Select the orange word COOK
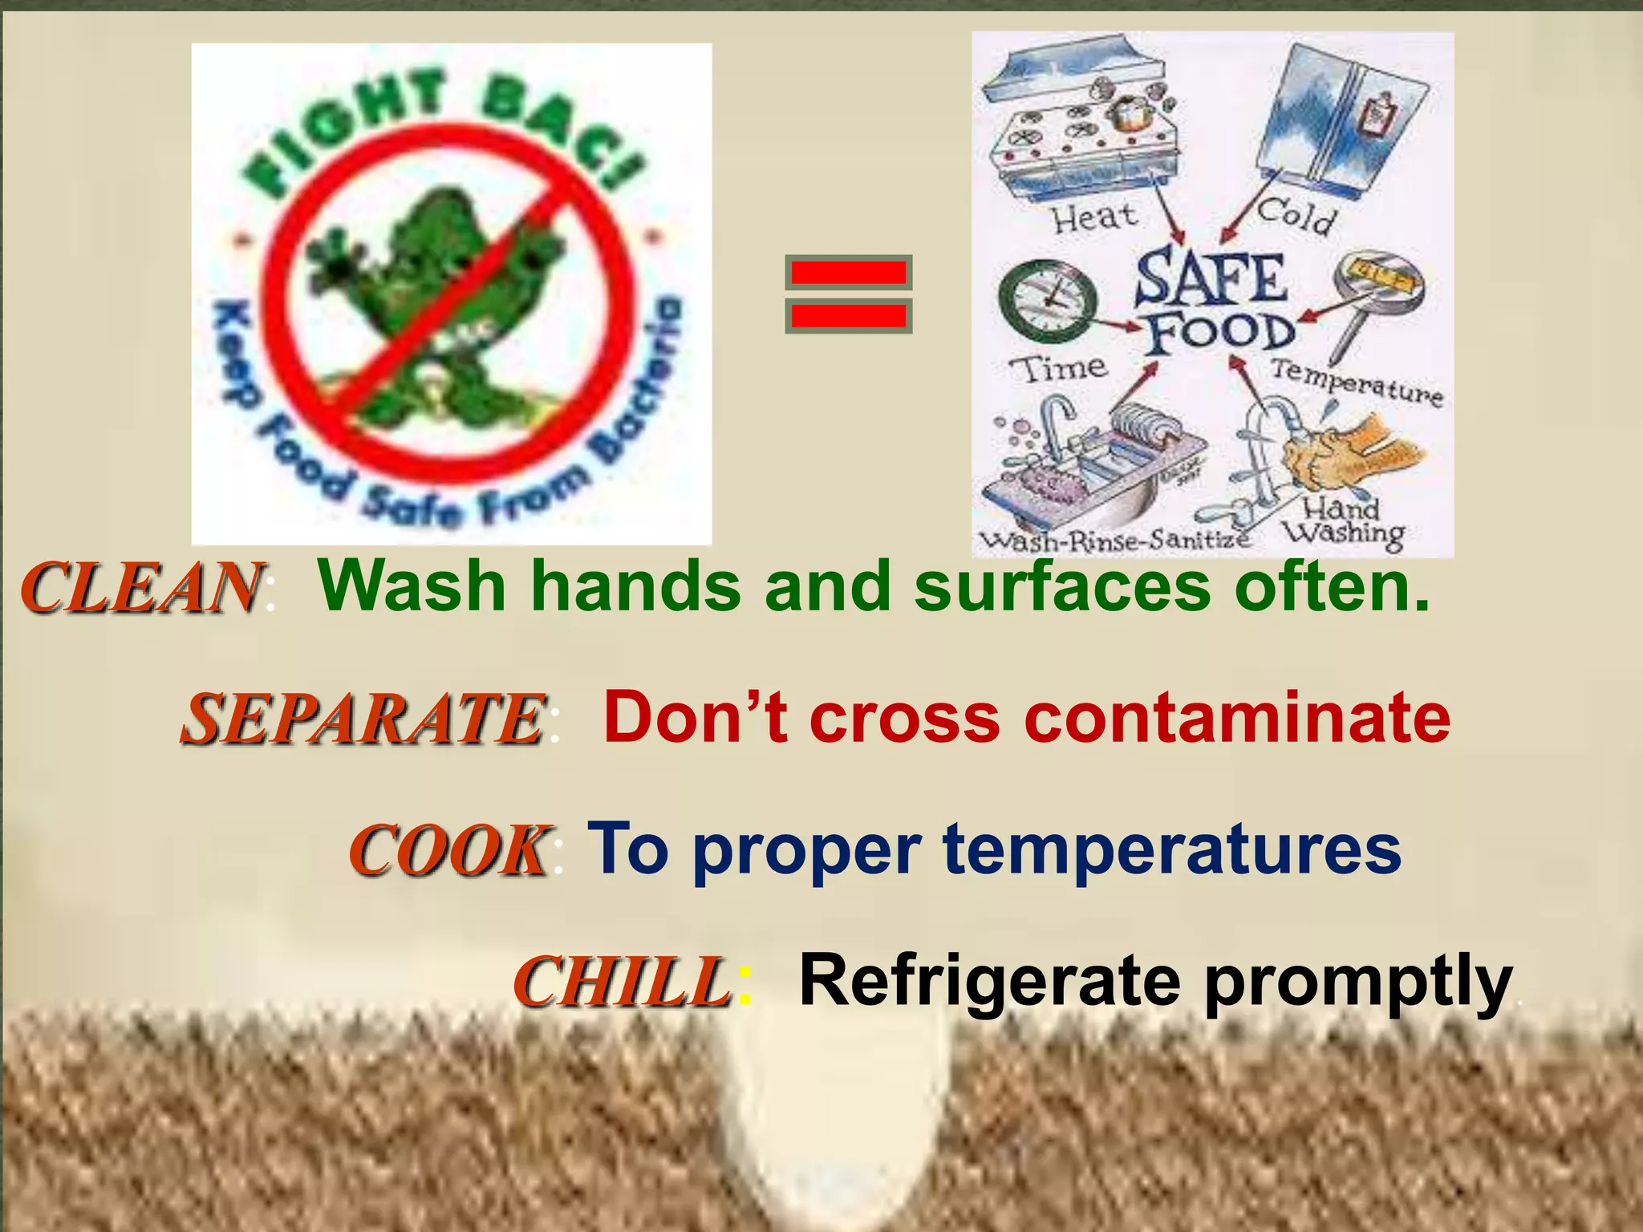(x=449, y=850)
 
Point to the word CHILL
(x=622, y=982)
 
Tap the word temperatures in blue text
(x=1172, y=850)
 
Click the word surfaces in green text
(x=1062, y=586)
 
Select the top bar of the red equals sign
(x=849, y=274)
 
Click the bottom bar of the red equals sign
(x=849, y=315)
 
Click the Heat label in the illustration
(x=1094, y=217)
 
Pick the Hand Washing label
(x=1343, y=521)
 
